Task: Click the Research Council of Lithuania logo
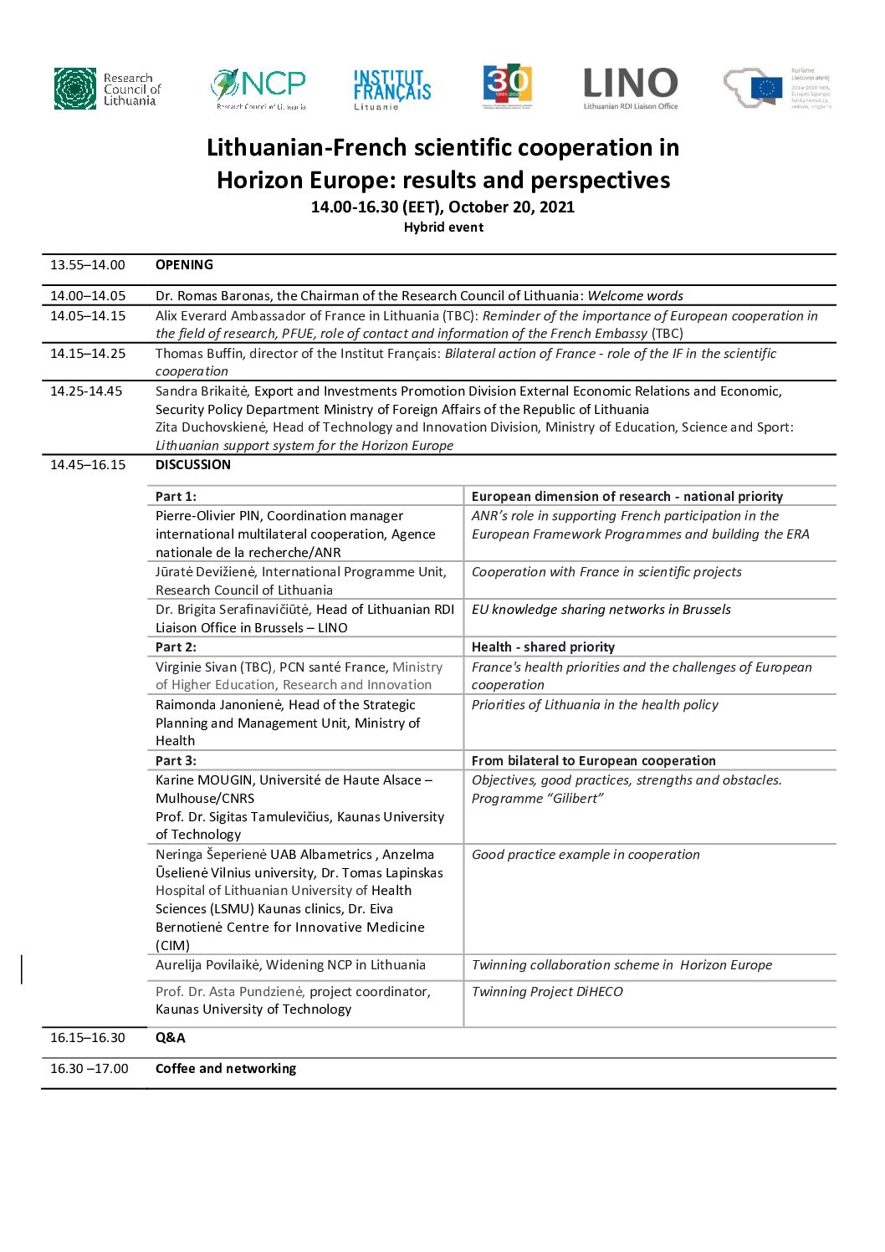coord(107,89)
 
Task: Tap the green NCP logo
coord(258,88)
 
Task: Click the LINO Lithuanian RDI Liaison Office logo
coord(630,88)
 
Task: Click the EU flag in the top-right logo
coord(766,88)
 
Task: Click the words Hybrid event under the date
coord(443,227)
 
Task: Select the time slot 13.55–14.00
coord(88,265)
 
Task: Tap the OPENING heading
coord(184,265)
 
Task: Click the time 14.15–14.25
coord(88,354)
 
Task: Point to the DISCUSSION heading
coord(193,465)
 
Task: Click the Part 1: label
coord(176,497)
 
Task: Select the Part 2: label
coord(176,647)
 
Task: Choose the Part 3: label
coord(176,761)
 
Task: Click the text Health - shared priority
coord(543,647)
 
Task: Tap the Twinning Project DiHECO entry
coord(547,992)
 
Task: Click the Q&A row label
coord(171,1038)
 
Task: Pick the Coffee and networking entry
coord(226,1069)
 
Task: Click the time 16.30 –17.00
coord(90,1069)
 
